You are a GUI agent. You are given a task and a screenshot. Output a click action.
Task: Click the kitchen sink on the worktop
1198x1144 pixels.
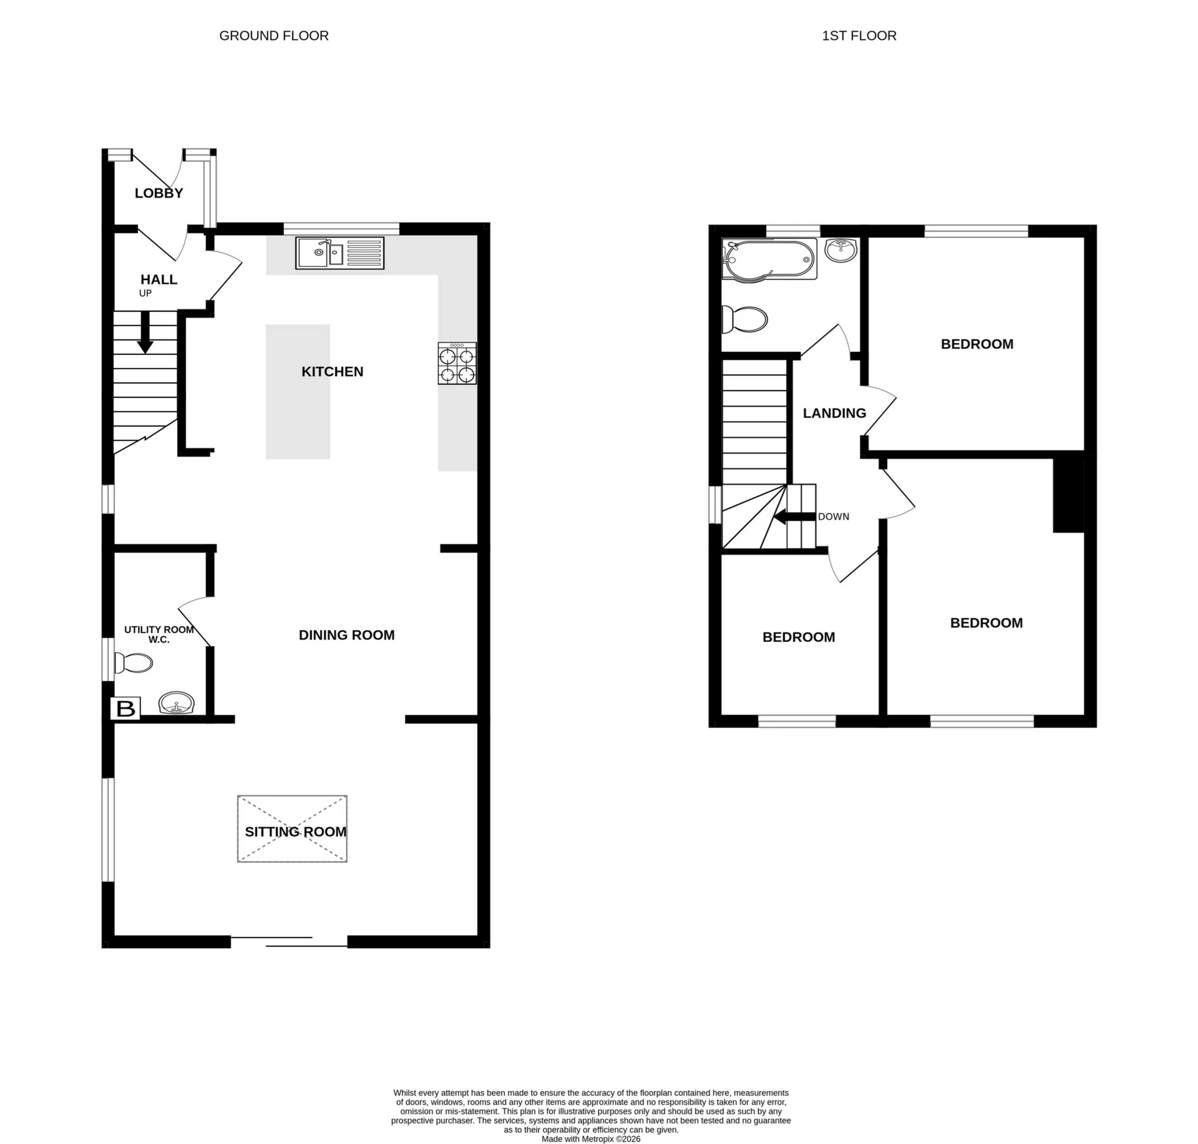click(x=339, y=253)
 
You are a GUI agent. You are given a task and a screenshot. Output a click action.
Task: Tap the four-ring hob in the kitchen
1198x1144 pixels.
click(x=457, y=364)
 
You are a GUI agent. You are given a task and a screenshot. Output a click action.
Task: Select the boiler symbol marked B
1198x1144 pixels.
click(x=125, y=709)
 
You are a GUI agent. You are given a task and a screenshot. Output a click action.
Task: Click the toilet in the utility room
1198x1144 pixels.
click(x=134, y=663)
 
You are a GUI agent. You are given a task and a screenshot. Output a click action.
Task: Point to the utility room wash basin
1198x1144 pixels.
click(x=178, y=704)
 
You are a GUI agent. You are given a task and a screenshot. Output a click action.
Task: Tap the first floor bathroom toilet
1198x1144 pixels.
click(x=744, y=319)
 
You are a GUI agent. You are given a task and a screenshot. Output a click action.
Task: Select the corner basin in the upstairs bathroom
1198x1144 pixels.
click(x=841, y=250)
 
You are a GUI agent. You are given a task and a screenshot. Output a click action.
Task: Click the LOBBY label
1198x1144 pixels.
click(x=159, y=193)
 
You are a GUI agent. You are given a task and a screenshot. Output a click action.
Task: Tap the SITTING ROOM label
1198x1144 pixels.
click(x=295, y=831)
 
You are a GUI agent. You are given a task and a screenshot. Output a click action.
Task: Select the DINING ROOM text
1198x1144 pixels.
click(x=346, y=635)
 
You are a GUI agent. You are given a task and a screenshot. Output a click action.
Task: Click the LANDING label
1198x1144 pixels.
click(x=834, y=413)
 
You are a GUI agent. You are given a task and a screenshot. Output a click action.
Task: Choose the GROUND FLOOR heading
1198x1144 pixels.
click(x=274, y=36)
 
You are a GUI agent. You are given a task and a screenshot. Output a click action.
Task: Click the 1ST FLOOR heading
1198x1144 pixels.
click(x=859, y=36)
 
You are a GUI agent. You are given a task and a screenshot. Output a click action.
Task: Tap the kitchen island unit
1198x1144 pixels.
click(x=298, y=392)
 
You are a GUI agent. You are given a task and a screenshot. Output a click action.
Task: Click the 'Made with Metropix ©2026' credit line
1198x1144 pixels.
click(x=590, y=1138)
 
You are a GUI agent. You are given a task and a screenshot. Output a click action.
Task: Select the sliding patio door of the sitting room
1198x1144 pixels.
click(x=289, y=941)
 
